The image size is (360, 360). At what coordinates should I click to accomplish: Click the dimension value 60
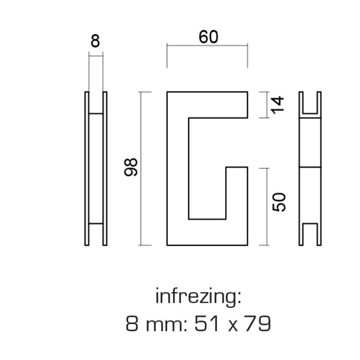click(208, 37)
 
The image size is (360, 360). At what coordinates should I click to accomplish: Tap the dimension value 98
click(132, 168)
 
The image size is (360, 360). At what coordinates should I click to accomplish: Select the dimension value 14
click(278, 105)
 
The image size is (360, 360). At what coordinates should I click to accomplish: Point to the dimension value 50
click(278, 202)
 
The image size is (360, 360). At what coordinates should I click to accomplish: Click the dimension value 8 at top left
click(95, 41)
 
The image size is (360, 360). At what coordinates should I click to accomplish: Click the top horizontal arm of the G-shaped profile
click(207, 105)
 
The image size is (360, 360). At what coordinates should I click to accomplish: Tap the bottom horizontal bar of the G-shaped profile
click(207, 232)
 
